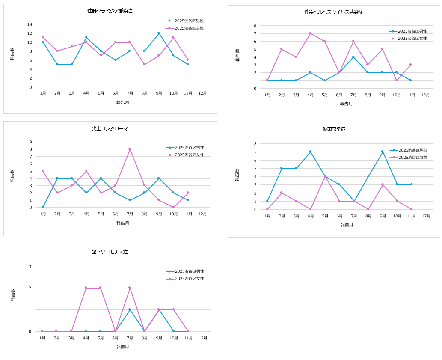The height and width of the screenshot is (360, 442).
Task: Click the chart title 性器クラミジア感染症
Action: pyautogui.click(x=110, y=11)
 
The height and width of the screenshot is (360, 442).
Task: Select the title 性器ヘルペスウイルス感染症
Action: pyautogui.click(x=334, y=12)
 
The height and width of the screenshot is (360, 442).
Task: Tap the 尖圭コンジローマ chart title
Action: pyautogui.click(x=110, y=128)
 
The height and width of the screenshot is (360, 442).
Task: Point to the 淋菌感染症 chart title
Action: pyautogui.click(x=334, y=129)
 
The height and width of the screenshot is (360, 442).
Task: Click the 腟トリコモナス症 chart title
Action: pyautogui.click(x=110, y=252)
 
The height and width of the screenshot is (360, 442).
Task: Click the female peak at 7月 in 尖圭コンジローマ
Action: pyautogui.click(x=129, y=149)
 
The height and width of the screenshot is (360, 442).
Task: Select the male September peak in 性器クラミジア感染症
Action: pyautogui.click(x=158, y=33)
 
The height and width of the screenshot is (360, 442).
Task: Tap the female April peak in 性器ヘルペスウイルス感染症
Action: pyautogui.click(x=310, y=33)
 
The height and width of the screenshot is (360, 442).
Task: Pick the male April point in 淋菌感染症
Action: pyautogui.click(x=310, y=152)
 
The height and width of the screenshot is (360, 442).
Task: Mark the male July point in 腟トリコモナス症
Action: pyautogui.click(x=129, y=309)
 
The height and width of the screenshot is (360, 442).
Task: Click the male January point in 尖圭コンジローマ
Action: pyautogui.click(x=42, y=207)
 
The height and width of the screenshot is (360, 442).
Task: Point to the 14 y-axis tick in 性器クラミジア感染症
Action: pyautogui.click(x=30, y=24)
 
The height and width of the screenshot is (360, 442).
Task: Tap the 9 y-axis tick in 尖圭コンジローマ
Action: pyautogui.click(x=31, y=142)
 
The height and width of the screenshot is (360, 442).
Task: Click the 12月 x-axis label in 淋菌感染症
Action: pyautogui.click(x=426, y=216)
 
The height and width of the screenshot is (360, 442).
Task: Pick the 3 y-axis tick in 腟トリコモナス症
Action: pyautogui.click(x=30, y=266)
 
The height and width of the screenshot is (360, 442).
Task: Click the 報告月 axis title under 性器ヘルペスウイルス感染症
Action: pyautogui.click(x=346, y=104)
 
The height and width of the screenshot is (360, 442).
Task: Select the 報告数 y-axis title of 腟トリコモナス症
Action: pyautogui.click(x=13, y=295)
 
